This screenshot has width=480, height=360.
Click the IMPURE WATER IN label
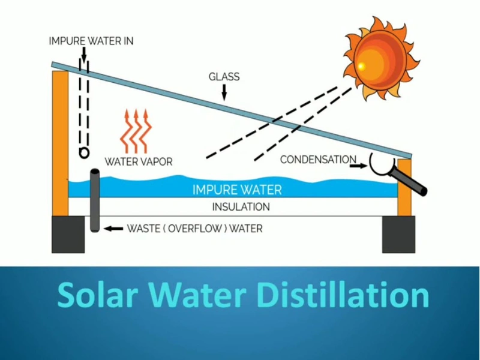point(91,41)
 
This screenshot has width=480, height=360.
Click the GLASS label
point(224,77)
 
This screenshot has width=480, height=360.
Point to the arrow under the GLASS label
point(224,91)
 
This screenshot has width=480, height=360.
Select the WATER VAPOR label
point(139,161)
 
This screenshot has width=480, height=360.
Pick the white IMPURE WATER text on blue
point(237,190)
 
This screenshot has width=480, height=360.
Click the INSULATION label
point(241,207)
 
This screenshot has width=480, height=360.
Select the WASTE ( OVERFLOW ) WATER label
point(194,229)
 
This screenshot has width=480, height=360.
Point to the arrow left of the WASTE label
point(112,229)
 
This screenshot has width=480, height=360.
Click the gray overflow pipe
point(95,201)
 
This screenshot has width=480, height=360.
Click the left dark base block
point(68,234)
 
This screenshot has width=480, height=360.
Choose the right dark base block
point(399,234)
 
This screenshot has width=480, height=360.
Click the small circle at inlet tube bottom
point(84,154)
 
